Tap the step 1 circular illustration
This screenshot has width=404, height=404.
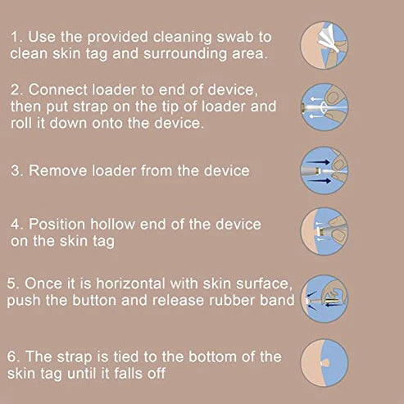point(325,45)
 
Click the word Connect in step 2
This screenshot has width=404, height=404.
point(58,90)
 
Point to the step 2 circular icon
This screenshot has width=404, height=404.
point(325,107)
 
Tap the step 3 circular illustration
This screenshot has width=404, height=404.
point(325,170)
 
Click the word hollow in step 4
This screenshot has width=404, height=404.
point(112,225)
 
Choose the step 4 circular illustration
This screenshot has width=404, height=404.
point(325,231)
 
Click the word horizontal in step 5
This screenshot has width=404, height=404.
point(130,284)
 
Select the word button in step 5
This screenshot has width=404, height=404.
point(94,300)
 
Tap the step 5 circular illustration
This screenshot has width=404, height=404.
point(325,298)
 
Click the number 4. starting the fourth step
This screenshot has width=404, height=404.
point(17,225)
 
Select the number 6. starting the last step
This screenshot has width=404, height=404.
point(14,356)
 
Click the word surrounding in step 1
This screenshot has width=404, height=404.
point(185,53)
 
